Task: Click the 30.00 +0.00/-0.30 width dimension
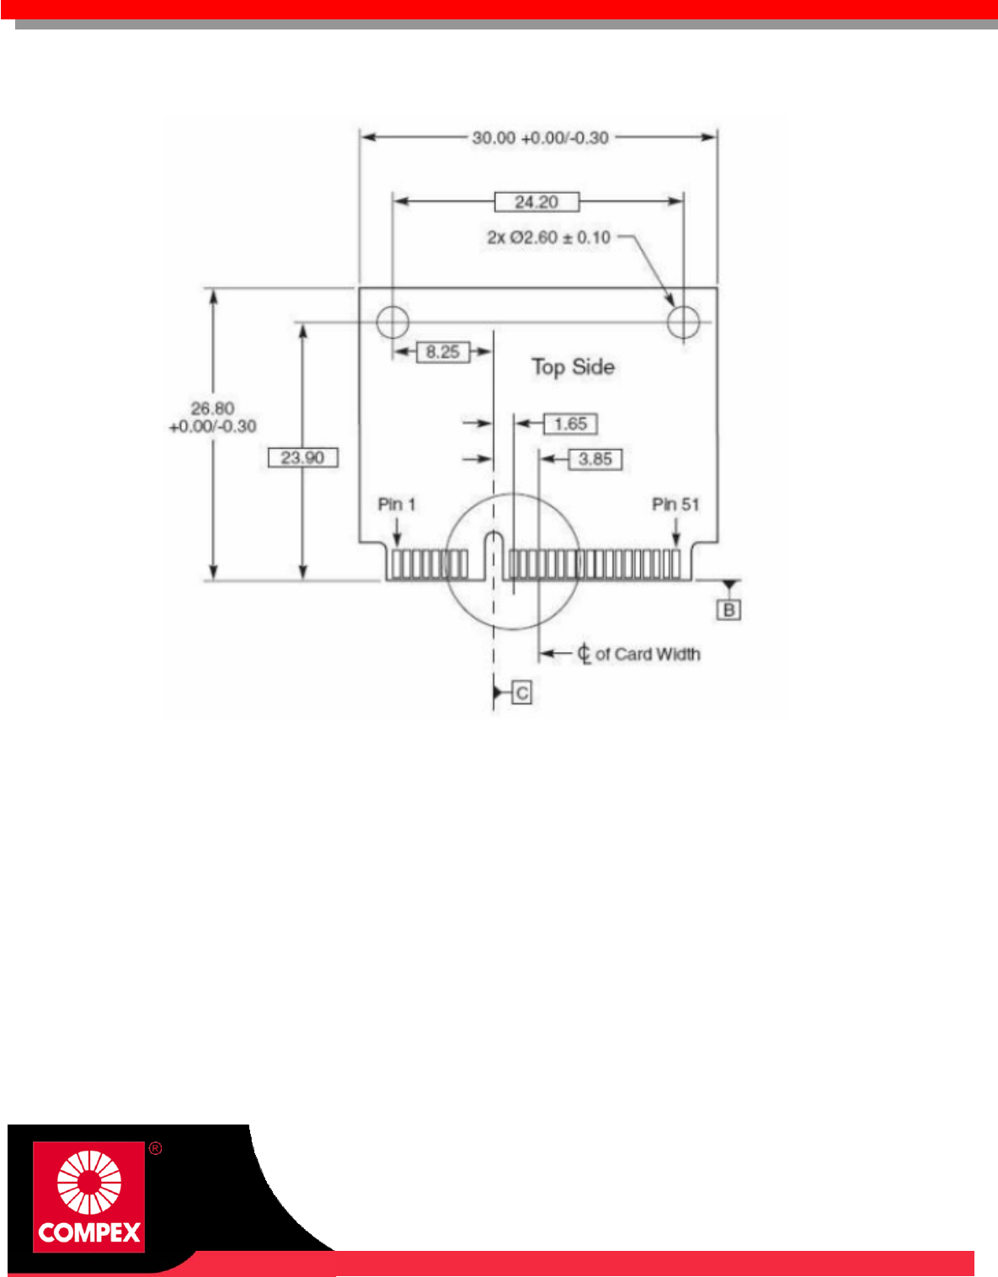540,138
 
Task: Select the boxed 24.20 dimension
536,202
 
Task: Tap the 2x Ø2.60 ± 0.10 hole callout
548,238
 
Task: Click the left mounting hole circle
392,321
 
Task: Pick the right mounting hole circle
683,321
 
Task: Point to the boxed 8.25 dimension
443,352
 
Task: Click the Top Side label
573,367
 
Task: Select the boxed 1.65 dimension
570,424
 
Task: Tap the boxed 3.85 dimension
595,459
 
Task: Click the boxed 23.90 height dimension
302,458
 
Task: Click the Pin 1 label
397,505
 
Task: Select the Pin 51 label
675,505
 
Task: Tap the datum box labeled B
729,610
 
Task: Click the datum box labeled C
522,693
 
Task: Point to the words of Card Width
648,655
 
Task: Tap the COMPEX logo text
89,1233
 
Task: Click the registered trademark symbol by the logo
155,1149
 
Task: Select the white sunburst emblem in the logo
88,1183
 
